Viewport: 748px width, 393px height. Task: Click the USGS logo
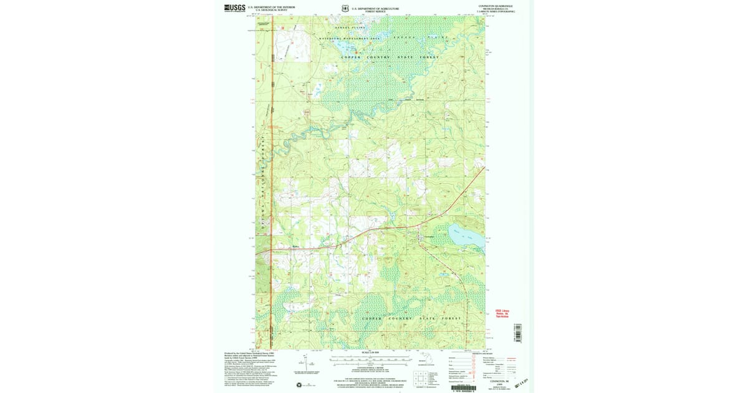(x=234, y=8)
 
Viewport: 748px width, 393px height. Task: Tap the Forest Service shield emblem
(x=345, y=9)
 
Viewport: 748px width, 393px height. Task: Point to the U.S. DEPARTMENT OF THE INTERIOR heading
(x=271, y=7)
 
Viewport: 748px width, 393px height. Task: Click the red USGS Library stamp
(x=502, y=313)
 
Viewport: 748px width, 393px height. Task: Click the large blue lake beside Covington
(x=464, y=236)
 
